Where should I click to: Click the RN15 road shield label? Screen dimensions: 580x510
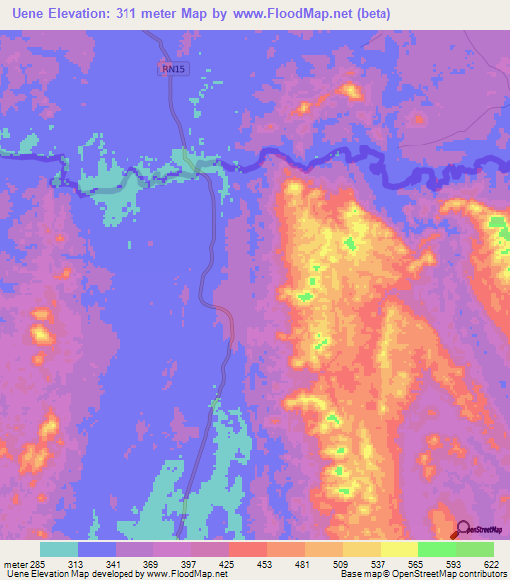tap(173, 69)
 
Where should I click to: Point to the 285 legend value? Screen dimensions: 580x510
tap(41, 564)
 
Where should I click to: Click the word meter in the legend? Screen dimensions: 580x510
tap(14, 564)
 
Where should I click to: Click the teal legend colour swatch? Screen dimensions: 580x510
tap(59, 549)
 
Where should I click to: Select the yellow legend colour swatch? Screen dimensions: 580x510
tap(398, 549)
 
